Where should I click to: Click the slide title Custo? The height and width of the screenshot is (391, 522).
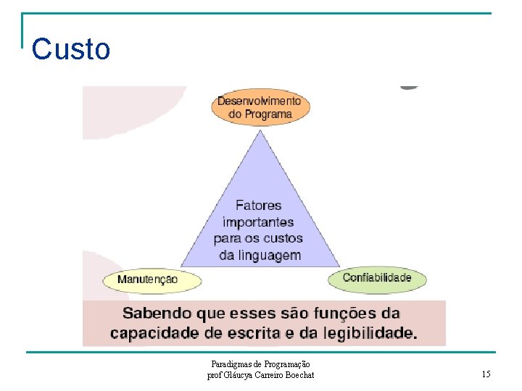(x=71, y=49)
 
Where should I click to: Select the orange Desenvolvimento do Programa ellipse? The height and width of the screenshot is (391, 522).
(x=260, y=107)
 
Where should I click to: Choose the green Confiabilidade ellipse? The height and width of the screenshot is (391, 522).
(x=377, y=278)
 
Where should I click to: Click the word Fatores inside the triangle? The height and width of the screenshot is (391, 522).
(x=259, y=206)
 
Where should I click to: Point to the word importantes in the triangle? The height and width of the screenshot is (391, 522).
(x=258, y=222)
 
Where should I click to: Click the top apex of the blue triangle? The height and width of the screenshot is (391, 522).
(x=260, y=131)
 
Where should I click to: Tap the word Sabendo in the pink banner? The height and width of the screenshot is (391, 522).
(x=154, y=314)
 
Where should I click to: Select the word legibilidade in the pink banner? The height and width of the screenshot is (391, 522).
(x=368, y=333)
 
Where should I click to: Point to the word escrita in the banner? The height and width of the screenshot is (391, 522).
(x=250, y=333)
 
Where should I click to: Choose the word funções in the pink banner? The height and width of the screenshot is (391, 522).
(x=339, y=314)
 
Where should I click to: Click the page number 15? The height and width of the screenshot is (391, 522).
(x=486, y=374)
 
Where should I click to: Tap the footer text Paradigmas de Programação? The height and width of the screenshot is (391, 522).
(x=260, y=364)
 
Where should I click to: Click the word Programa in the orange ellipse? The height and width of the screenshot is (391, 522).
(x=269, y=114)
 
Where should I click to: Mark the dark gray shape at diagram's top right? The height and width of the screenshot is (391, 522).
(x=410, y=87)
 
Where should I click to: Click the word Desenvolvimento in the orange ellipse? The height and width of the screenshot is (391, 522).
(x=260, y=101)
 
